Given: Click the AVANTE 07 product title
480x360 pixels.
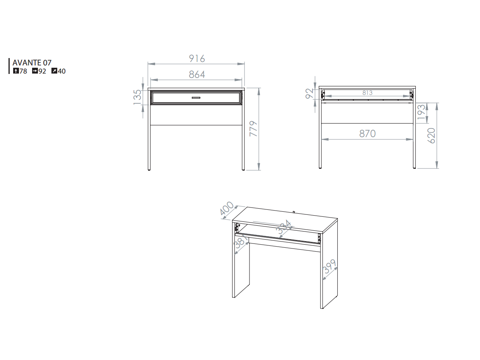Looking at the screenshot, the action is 32,63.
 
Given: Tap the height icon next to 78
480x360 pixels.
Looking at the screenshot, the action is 16,71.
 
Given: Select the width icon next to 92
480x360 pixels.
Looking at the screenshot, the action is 35,71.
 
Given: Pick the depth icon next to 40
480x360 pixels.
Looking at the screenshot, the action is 54,71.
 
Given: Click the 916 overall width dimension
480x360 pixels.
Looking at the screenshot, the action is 197,59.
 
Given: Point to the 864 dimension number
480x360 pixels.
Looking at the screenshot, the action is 197,74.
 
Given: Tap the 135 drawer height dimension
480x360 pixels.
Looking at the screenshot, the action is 137,97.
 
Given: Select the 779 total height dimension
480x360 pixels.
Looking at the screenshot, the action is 253,129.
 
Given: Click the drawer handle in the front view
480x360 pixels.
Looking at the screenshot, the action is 196,98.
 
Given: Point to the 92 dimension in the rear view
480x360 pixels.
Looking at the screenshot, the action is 309,93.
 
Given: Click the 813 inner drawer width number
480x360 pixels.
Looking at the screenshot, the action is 367,93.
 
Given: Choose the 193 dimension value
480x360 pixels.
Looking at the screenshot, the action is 421,112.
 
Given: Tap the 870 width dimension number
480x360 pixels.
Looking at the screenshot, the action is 367,134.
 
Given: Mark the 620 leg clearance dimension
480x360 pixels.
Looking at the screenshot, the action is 431,136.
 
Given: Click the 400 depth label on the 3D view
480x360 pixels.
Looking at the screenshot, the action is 227,208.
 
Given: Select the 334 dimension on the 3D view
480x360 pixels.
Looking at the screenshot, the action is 284,227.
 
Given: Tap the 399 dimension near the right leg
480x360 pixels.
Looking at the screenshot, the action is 329,266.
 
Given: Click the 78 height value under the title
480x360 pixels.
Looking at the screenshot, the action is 23,71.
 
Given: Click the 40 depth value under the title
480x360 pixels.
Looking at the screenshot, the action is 61,71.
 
